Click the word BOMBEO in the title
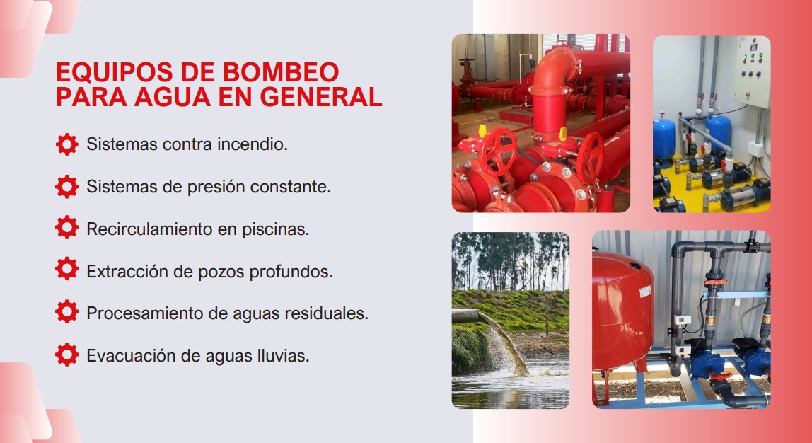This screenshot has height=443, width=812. click(x=281, y=72)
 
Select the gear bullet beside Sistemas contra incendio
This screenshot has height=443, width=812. click(x=66, y=144)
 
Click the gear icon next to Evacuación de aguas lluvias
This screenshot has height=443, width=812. click(x=66, y=355)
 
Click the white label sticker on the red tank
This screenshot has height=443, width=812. click(x=645, y=291)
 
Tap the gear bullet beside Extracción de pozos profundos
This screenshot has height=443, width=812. click(x=66, y=269)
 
